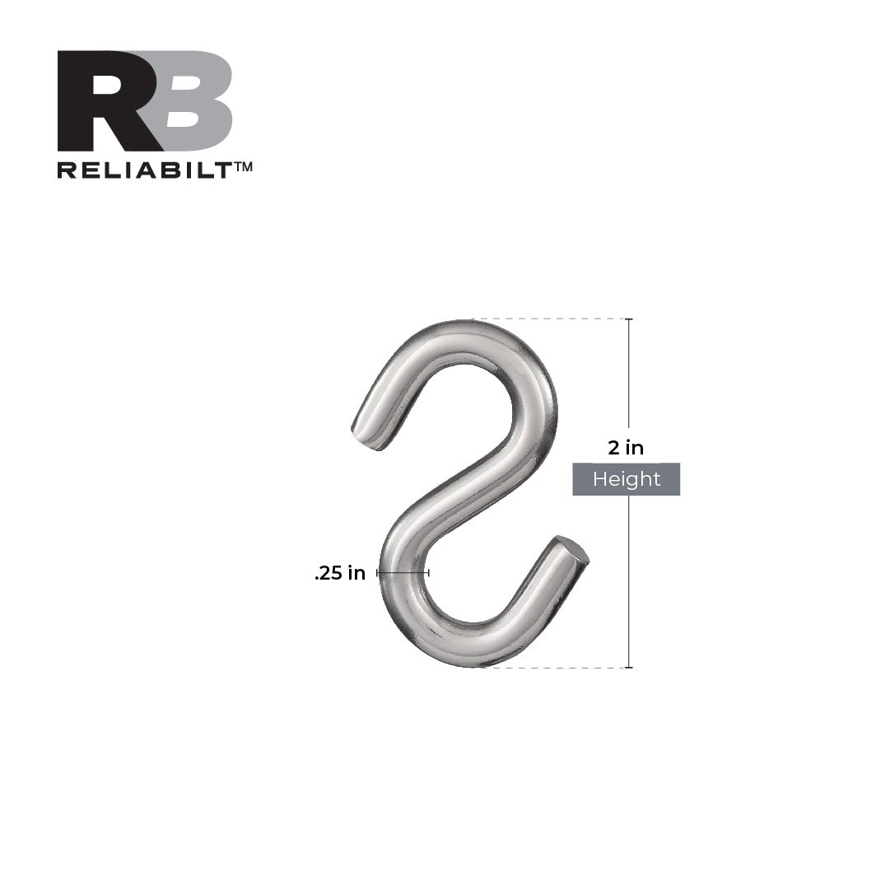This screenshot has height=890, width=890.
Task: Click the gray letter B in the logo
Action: (198, 100)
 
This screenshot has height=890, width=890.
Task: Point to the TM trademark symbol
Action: (243, 166)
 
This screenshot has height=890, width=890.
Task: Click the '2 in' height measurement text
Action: (626, 449)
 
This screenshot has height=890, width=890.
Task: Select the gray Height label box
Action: (626, 479)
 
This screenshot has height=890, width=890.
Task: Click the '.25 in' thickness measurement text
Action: (339, 574)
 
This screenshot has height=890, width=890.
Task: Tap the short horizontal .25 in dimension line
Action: (403, 572)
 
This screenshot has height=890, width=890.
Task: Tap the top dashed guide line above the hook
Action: (552, 319)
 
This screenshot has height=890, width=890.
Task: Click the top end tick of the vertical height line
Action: (629, 319)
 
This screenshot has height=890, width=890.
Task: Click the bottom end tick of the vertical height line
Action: (629, 667)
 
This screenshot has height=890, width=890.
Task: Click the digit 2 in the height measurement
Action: (613, 449)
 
